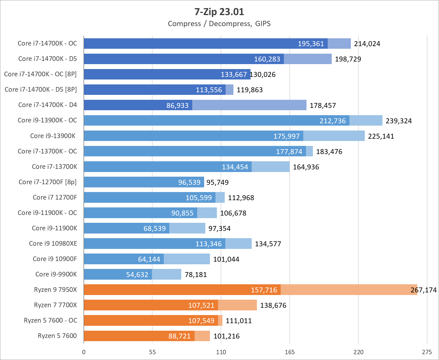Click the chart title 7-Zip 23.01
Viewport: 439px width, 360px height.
[x=219, y=12]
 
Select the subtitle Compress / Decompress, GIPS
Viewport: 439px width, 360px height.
[x=219, y=23]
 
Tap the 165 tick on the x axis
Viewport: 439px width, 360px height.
[x=289, y=352]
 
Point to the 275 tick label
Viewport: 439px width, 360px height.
[x=427, y=352]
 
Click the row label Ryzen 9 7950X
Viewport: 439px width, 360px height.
[x=55, y=290]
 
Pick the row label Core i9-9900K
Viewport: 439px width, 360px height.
[x=56, y=274]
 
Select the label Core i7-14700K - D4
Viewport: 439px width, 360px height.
[x=48, y=105]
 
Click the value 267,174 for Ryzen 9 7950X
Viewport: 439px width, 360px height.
[x=424, y=290]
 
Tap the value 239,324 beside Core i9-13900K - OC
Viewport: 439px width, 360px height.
[x=398, y=121]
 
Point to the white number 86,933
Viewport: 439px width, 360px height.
[x=177, y=105]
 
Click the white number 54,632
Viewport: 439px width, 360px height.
[x=137, y=274]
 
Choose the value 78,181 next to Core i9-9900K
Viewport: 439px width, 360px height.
[x=196, y=274]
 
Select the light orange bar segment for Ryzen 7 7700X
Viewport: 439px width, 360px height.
[x=237, y=305]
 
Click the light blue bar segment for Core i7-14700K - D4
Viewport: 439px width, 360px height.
[x=249, y=105]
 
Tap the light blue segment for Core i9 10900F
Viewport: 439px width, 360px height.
[x=187, y=259]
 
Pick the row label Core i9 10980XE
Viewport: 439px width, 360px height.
[x=53, y=243]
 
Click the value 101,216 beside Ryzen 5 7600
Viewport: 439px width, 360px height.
[x=226, y=336]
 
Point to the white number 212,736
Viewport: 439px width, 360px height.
[x=333, y=121]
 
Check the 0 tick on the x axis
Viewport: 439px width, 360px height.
[x=84, y=352]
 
